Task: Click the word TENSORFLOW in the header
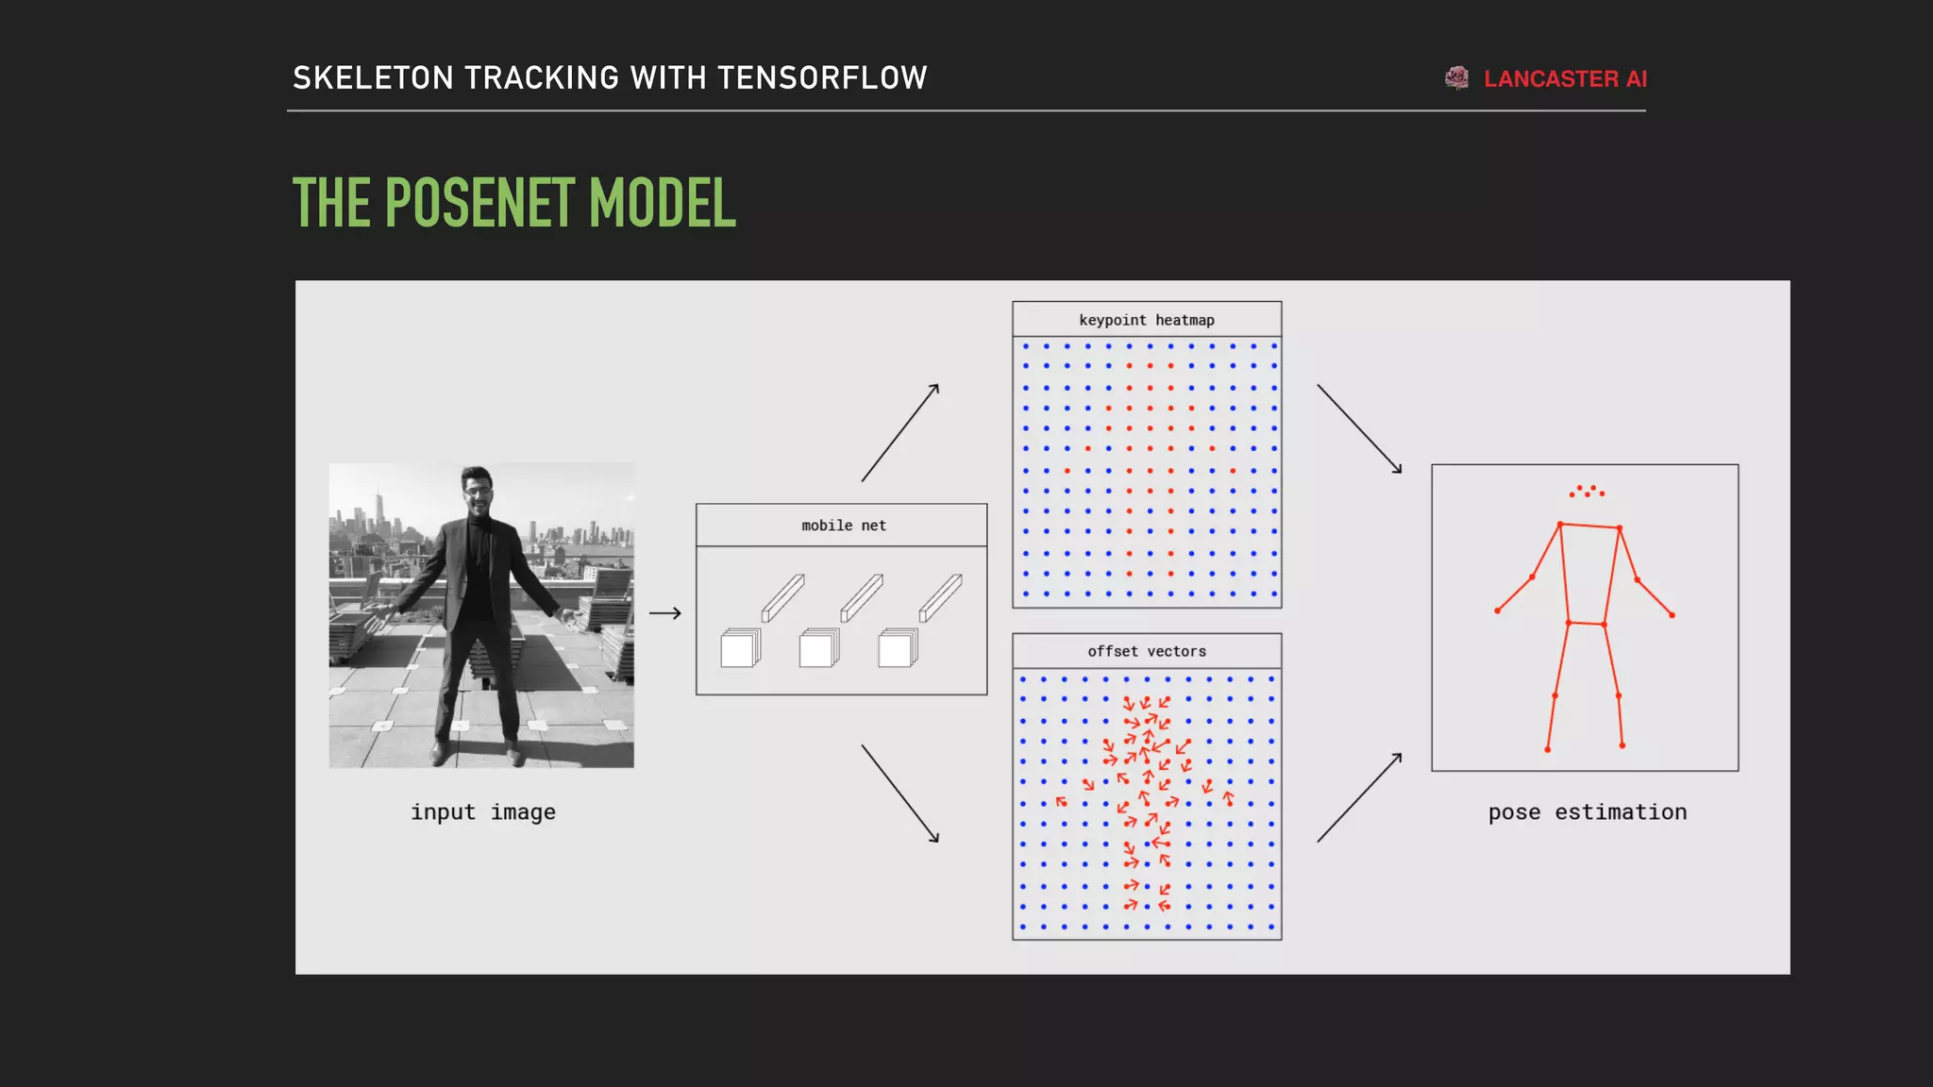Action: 822,77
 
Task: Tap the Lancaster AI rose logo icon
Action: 1457,78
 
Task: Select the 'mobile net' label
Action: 844,526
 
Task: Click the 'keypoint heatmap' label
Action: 1147,320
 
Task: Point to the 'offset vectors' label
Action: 1147,651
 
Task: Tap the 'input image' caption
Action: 482,812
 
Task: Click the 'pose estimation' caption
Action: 1587,812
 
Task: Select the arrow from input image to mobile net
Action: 665,613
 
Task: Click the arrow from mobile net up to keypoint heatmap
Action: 900,432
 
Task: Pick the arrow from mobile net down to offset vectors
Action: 900,793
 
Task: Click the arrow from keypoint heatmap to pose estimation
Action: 1359,428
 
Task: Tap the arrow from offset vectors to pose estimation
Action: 1359,798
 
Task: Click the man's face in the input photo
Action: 478,489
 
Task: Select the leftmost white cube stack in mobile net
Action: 740,648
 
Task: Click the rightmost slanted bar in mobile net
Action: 941,597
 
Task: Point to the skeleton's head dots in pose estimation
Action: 1587,491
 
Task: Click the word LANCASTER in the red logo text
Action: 1551,79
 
